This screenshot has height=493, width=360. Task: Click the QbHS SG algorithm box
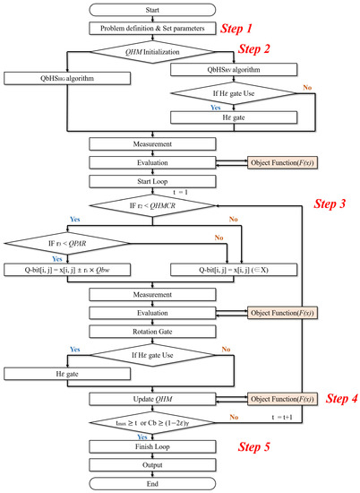tap(50, 78)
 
